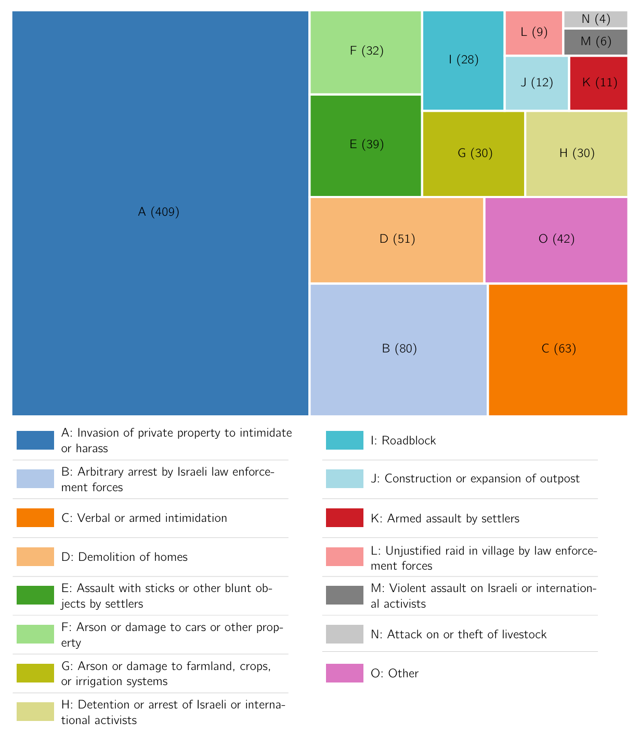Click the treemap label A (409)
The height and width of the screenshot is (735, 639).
coord(159,212)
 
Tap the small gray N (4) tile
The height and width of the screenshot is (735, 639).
coord(596,19)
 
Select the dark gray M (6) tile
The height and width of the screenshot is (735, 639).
coord(596,42)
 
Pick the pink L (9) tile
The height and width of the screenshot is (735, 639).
coord(534,32)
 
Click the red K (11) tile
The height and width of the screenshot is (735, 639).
coord(599,83)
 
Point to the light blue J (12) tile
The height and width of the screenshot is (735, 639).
coord(537,83)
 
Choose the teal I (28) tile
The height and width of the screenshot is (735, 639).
coord(463,60)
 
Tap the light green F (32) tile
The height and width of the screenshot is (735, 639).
coord(366,51)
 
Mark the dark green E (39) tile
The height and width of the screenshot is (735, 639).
coord(366,145)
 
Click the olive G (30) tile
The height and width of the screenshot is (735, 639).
coord(474,153)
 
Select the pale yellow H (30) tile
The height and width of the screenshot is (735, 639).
coord(577,153)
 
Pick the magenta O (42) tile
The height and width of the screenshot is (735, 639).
coord(556,239)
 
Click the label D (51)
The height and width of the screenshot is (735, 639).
coord(397,239)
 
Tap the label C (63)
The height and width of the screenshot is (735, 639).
coord(558,349)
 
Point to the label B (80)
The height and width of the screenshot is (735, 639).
coord(399,349)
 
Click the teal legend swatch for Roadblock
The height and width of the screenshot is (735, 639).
coord(345,440)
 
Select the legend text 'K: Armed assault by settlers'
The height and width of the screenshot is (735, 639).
coord(445,518)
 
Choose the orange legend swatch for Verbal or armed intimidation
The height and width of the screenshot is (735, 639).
coord(35,518)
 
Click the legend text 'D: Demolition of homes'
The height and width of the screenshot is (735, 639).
coord(124,557)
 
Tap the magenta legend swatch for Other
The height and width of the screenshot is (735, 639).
coord(345,673)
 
